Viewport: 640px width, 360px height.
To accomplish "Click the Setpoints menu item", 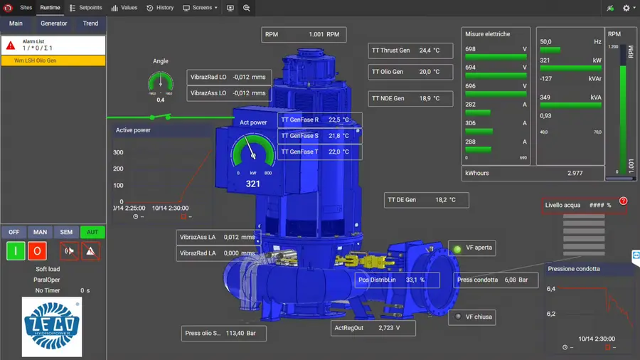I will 86,8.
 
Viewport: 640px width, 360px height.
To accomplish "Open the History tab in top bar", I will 160,8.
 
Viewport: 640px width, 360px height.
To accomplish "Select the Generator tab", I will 53,23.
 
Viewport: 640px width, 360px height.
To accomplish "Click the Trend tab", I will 90,23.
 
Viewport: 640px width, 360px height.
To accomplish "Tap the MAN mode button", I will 40,232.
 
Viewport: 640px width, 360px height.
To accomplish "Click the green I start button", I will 16,250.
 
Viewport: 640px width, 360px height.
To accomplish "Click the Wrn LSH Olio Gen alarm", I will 53,61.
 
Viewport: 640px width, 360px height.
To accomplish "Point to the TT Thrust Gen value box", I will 410,51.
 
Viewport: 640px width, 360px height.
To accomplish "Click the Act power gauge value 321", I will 253,184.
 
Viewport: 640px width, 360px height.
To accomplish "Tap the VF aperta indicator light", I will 458,248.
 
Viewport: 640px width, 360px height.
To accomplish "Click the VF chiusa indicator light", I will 458,317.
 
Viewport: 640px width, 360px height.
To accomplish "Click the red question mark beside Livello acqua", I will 624,201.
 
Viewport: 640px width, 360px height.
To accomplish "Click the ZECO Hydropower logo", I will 52,327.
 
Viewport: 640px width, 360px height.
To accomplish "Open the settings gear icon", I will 626,8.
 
